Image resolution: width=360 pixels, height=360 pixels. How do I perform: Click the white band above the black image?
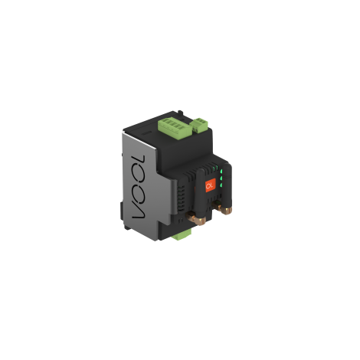180,38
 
